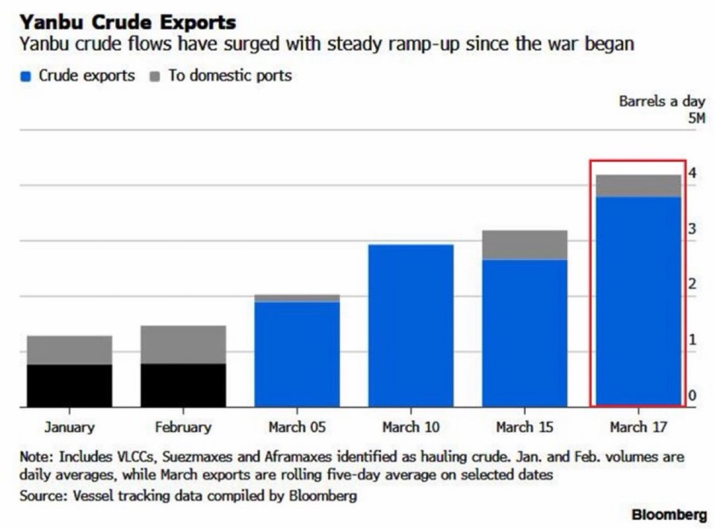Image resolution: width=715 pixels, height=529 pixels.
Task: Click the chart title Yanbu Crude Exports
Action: coord(127,22)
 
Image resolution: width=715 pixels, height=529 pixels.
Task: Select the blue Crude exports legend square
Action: coord(27,77)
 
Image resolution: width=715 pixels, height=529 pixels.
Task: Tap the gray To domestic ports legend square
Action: coord(155,77)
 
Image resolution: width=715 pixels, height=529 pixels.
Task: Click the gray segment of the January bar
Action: coord(69,350)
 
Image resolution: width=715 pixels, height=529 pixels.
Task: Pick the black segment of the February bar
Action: coord(183,385)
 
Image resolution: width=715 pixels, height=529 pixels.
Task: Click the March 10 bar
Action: coord(411,326)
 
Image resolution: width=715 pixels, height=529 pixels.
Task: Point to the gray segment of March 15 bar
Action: coord(524,245)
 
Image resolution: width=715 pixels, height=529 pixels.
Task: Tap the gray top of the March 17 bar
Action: coord(638,186)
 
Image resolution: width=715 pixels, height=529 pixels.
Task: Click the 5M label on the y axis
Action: coord(696,118)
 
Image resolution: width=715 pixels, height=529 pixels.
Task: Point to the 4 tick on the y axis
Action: coord(692,173)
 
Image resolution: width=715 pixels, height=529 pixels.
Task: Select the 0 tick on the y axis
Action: coord(692,396)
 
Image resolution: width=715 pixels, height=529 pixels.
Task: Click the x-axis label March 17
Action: coord(638,427)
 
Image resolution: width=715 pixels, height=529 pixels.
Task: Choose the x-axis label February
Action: coord(183,427)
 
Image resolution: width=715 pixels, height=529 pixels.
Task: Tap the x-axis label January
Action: coord(69,427)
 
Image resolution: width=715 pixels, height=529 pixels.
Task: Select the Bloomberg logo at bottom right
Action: coord(669,515)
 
